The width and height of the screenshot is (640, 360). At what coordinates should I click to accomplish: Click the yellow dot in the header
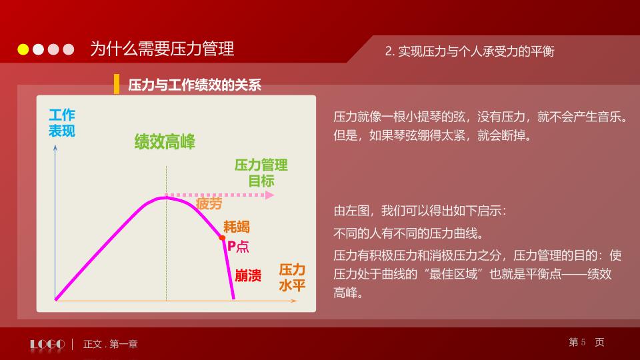coord(23,49)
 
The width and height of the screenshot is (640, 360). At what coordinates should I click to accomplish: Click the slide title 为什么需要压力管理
coord(162,49)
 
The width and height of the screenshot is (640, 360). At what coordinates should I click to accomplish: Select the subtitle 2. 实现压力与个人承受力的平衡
coord(470,51)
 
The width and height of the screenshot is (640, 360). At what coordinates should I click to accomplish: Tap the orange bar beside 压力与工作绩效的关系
coord(117,84)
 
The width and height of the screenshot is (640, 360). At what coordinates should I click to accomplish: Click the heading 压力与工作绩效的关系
coord(195,85)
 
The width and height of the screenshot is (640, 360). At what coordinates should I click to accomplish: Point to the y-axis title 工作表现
coord(62,123)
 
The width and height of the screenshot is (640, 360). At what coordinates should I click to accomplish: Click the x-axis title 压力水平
coord(292,277)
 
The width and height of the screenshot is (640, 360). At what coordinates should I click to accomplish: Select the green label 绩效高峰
coord(165,141)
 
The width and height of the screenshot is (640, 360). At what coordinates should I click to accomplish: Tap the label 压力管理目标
coord(261,173)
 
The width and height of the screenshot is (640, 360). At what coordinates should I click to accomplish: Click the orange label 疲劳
coord(209,204)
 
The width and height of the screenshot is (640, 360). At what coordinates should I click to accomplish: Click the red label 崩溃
coord(248,275)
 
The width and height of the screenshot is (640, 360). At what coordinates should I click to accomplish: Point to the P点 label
coord(238,246)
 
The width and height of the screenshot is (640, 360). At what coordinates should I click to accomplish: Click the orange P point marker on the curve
coord(222,237)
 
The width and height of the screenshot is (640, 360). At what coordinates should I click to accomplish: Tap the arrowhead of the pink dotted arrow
coord(269,195)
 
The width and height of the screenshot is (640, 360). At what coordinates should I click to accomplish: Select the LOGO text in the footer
coord(47,344)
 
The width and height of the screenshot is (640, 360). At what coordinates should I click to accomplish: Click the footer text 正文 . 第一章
coord(111,345)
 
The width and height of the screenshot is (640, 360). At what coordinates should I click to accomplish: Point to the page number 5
coord(583,342)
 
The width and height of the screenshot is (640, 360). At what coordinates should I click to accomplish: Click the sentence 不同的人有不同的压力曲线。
coord(408,234)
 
